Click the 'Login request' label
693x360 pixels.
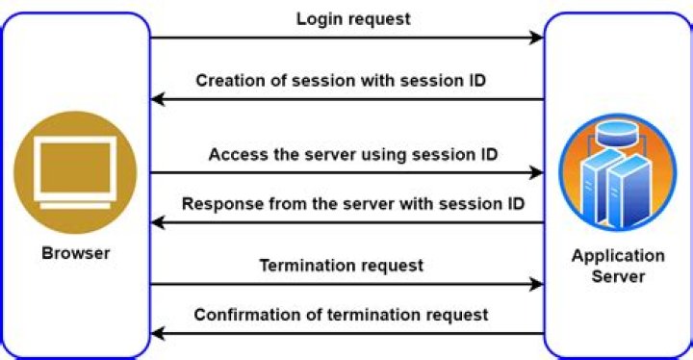(353, 19)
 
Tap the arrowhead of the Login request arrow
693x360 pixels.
(536, 38)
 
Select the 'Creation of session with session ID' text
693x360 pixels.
(341, 81)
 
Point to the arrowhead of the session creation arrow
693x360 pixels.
(158, 99)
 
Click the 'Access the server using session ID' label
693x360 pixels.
(353, 155)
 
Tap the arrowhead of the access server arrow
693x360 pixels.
(536, 172)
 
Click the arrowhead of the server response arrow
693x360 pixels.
(158, 222)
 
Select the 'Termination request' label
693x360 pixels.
(341, 266)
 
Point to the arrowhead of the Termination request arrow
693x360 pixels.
(536, 284)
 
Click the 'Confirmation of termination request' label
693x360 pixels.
(341, 315)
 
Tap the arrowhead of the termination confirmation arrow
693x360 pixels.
(158, 333)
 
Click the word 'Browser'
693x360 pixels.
(76, 253)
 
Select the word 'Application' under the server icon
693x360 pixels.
(618, 256)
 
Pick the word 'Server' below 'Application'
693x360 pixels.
(618, 276)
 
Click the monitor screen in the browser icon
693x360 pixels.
(75, 167)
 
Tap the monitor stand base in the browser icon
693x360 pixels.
(75, 205)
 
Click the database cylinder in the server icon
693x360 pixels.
(616, 133)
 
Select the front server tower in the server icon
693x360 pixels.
(629, 191)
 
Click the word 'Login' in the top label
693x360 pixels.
(318, 19)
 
